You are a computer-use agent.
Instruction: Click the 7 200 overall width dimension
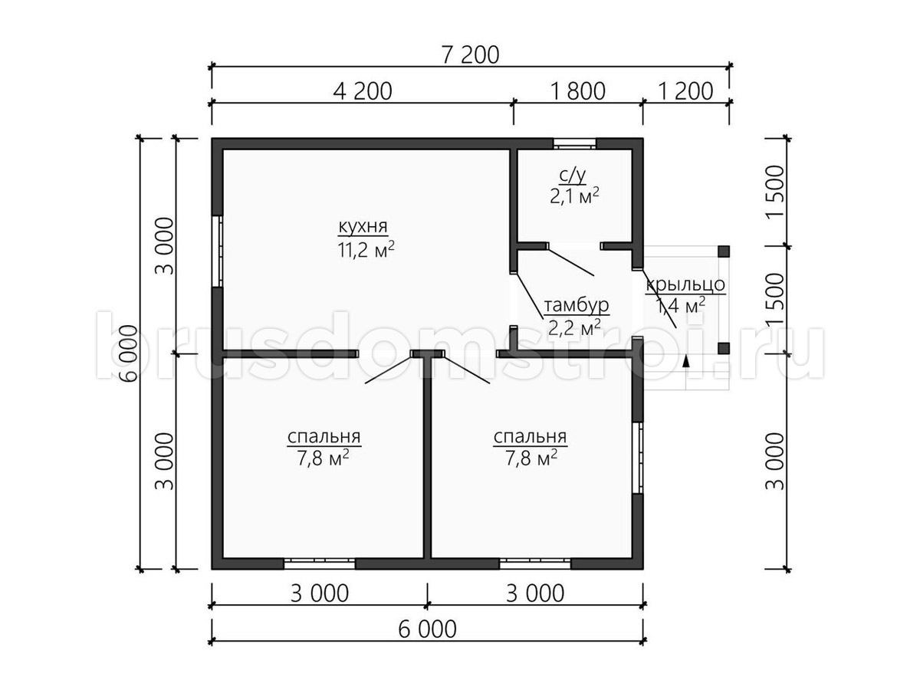click(x=470, y=55)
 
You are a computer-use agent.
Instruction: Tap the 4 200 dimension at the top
click(x=363, y=91)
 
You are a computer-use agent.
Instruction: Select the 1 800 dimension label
click(x=577, y=91)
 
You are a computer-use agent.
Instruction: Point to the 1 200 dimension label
click(x=685, y=91)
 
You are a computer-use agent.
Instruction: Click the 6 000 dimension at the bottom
click(x=427, y=629)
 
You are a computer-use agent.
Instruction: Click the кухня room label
click(x=363, y=227)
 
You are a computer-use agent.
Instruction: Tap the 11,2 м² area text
click(x=366, y=249)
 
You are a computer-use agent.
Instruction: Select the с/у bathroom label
click(x=573, y=176)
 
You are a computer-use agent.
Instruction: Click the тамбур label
click(x=577, y=305)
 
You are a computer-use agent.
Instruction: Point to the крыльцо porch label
click(x=685, y=285)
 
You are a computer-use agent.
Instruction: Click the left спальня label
click(x=324, y=436)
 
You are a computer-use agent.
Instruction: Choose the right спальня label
click(x=531, y=436)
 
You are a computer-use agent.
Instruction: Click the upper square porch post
click(x=724, y=251)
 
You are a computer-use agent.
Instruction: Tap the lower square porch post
click(x=724, y=348)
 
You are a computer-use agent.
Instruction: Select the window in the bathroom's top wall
click(x=575, y=143)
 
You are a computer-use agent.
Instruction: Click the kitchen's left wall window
click(x=217, y=251)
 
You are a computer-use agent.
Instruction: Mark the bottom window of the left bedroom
click(x=320, y=563)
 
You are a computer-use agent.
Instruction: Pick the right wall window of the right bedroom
click(x=638, y=458)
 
